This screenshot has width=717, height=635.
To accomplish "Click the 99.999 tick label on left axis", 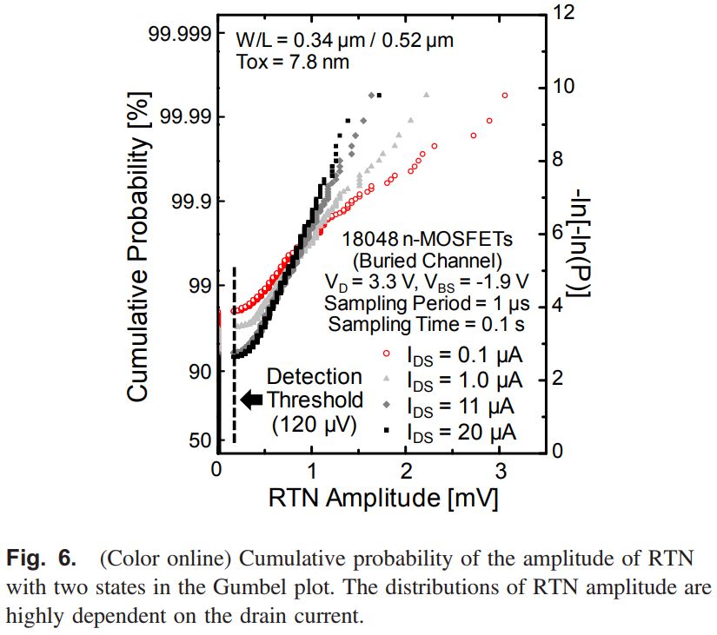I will click(176, 33).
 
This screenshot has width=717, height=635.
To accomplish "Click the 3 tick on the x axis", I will click(500, 470).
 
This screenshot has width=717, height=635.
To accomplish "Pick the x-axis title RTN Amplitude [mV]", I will click(382, 498).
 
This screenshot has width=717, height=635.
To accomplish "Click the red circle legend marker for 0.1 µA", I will click(385, 354).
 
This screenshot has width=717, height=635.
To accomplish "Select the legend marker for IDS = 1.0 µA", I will click(385, 380).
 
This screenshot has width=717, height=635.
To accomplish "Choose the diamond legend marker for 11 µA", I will click(385, 406).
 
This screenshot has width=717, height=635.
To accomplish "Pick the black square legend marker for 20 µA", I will click(385, 431).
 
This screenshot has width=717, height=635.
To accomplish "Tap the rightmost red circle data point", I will click(505, 95).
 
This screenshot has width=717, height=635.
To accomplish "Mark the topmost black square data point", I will click(379, 94).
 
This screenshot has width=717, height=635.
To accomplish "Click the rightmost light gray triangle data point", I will click(427, 94).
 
